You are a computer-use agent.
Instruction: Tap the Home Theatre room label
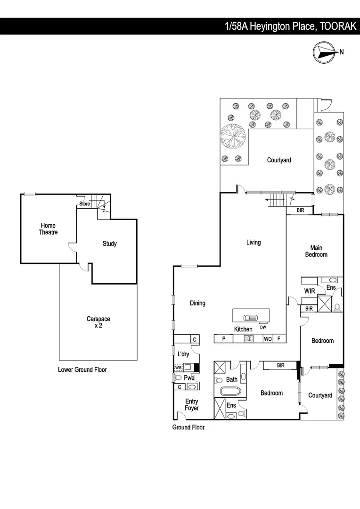tap(48, 229)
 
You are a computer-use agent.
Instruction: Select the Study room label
tap(109, 244)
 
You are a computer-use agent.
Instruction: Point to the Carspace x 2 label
tap(98, 322)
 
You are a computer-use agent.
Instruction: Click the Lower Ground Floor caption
tap(82, 370)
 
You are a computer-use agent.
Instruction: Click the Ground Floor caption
tap(188, 427)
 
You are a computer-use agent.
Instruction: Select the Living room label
tap(253, 243)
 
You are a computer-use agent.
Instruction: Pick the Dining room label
tap(197, 303)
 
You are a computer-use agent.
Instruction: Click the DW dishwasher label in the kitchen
tap(263, 328)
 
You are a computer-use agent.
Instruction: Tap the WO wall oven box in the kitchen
tap(267, 338)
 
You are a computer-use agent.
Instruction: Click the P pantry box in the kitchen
tap(224, 338)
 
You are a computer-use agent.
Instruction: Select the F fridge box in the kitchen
tap(279, 338)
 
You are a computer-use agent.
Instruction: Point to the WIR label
tap(309, 291)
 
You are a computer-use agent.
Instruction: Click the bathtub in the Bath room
tap(231, 391)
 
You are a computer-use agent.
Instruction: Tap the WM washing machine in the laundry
tap(178, 367)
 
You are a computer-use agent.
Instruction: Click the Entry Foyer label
tap(191, 405)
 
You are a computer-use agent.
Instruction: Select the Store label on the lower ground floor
tap(84, 204)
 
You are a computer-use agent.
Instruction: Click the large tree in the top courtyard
tap(233, 137)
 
